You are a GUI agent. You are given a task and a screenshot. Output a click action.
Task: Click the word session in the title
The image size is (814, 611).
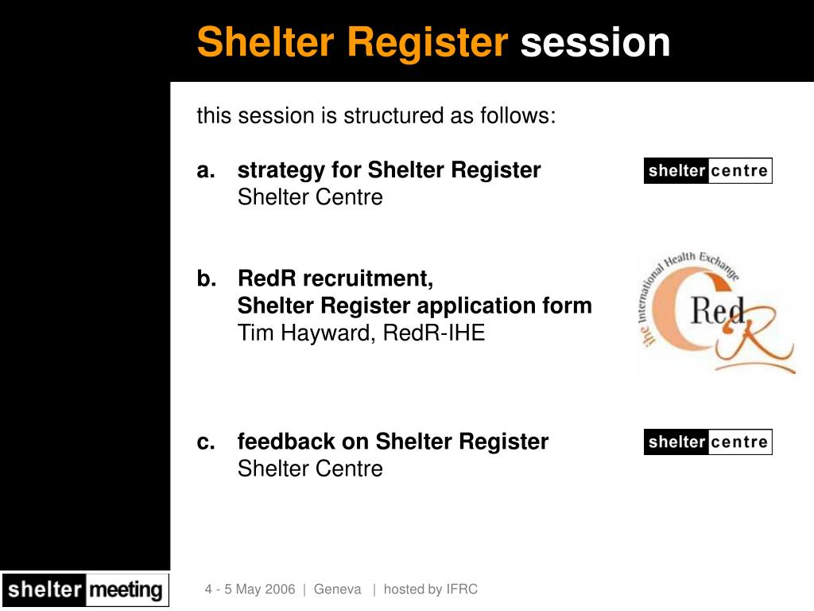pyautogui.click(x=595, y=42)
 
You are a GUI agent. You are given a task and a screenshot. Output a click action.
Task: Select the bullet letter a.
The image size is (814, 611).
pyautogui.click(x=206, y=170)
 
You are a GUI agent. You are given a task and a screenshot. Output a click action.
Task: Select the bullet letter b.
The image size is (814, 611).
pyautogui.click(x=207, y=278)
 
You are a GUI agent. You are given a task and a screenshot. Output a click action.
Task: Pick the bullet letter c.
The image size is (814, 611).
pyautogui.click(x=206, y=442)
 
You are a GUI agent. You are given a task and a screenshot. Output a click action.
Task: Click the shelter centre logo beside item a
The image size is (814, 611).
pyautogui.click(x=707, y=170)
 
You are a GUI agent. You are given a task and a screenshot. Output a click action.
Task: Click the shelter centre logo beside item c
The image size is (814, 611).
pyautogui.click(x=707, y=442)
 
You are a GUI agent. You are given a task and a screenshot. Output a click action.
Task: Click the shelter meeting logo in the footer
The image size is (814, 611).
pyautogui.click(x=84, y=590)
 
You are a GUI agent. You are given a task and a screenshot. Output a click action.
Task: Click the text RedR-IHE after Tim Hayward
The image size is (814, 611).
pyautogui.click(x=434, y=333)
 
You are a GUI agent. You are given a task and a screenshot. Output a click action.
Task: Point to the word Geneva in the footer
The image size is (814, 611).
pyautogui.click(x=337, y=590)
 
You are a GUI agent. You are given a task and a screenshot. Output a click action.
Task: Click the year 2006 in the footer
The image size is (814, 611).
pyautogui.click(x=280, y=590)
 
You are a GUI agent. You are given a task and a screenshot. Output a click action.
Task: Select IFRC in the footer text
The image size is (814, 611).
pyautogui.click(x=462, y=590)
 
